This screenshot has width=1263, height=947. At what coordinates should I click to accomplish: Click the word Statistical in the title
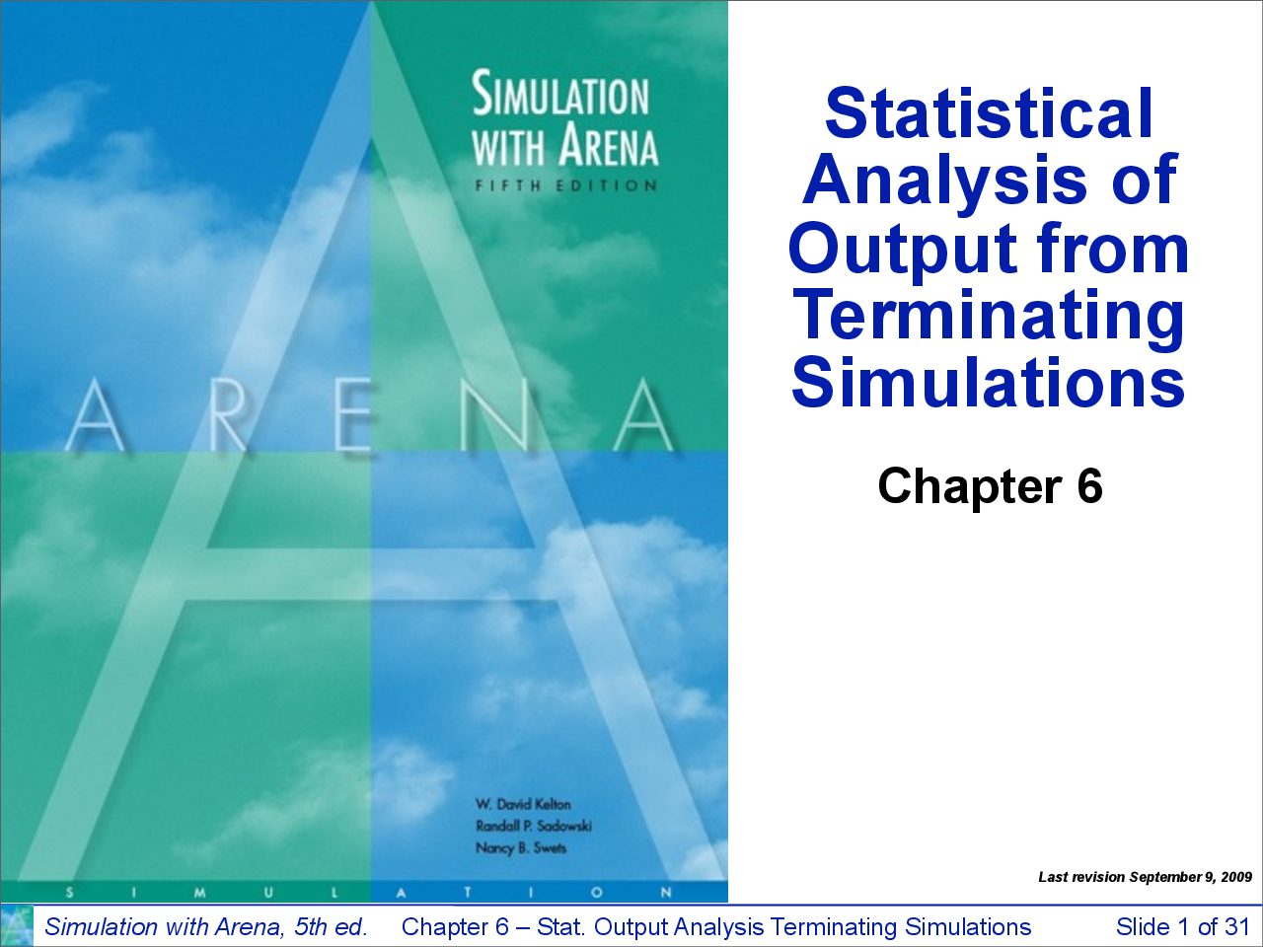pos(989,113)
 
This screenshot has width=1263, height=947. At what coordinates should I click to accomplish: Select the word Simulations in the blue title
pos(988,381)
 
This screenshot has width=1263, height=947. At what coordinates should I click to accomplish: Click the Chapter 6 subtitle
pos(990,486)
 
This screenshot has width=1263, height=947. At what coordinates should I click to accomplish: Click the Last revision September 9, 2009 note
pos(1145,877)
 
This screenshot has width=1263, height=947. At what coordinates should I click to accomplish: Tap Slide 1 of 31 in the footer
pos(1183,927)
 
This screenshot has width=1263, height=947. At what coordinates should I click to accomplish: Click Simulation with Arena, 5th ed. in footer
pos(206,927)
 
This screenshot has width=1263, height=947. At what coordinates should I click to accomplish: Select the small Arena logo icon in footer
pos(17,925)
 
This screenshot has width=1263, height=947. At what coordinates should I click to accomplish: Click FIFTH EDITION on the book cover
pos(565,185)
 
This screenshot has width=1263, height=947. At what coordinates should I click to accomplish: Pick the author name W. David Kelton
pos(523,804)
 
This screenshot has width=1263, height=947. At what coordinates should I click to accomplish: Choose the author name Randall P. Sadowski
pos(534,826)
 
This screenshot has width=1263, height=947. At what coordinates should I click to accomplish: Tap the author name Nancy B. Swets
pos(521,847)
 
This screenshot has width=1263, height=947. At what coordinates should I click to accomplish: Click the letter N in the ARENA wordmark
pos(498,415)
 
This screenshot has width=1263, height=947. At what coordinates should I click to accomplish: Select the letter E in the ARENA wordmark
pos(354,415)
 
